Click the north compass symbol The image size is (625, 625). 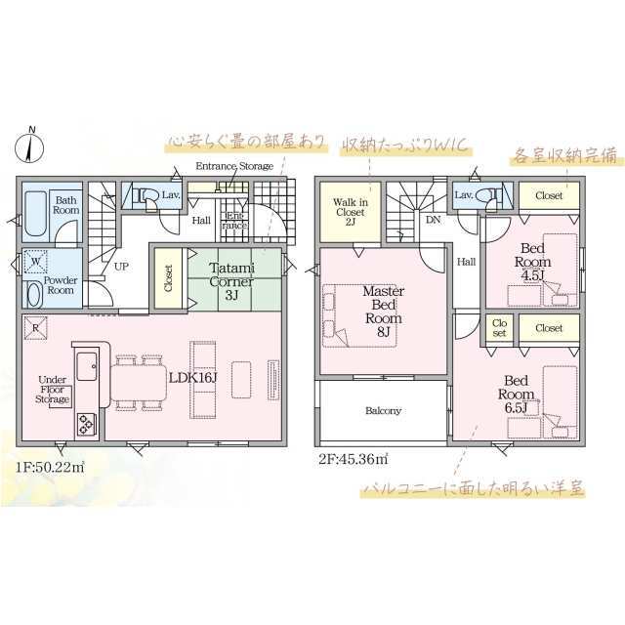(x=29, y=146)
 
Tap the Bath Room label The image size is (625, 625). (x=65, y=205)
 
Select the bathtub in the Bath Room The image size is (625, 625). (x=35, y=214)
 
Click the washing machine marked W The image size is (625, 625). (x=36, y=262)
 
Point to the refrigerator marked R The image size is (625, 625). (x=36, y=328)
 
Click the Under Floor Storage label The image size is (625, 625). (x=53, y=390)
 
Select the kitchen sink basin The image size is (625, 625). (x=87, y=366)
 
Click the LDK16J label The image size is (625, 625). (x=192, y=378)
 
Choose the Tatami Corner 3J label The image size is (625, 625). (x=231, y=282)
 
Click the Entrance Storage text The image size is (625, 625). (x=234, y=166)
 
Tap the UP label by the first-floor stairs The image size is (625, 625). (x=121, y=267)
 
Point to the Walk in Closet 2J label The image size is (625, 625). (x=351, y=213)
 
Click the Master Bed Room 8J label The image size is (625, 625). (x=384, y=312)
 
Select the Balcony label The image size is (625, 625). (x=383, y=410)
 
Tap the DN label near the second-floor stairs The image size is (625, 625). (x=434, y=220)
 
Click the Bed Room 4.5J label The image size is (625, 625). (x=532, y=262)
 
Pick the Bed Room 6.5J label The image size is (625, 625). (x=517, y=394)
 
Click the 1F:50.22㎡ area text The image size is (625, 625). (x=50, y=467)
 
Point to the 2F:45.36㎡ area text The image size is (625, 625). (x=354, y=459)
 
